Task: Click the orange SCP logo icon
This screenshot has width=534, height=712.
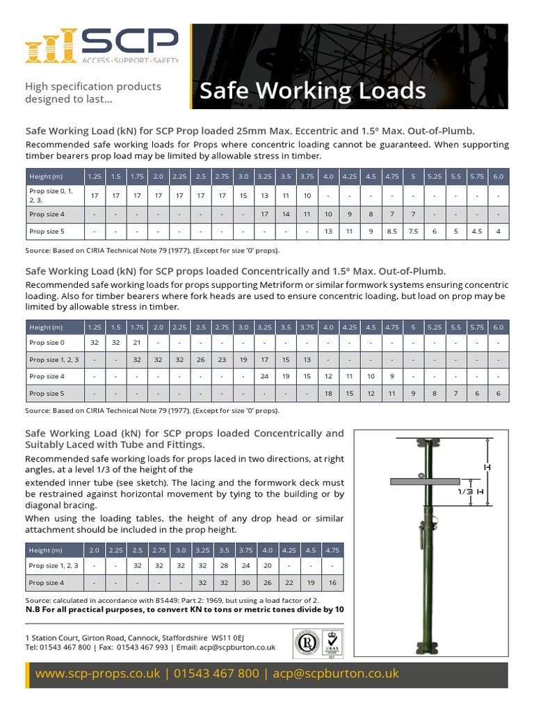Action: [x=49, y=47]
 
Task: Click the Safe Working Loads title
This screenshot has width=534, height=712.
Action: [x=312, y=90]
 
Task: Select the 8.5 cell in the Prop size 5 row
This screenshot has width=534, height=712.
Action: [x=391, y=231]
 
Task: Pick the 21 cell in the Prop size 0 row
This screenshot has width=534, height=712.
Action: [x=137, y=341]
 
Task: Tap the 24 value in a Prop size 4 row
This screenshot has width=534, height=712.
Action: [x=264, y=376]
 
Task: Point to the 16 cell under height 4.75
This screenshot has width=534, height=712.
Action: [x=332, y=583]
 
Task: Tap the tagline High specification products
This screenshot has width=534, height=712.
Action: [x=92, y=87]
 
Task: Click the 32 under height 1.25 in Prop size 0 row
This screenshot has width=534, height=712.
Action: [x=94, y=341]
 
